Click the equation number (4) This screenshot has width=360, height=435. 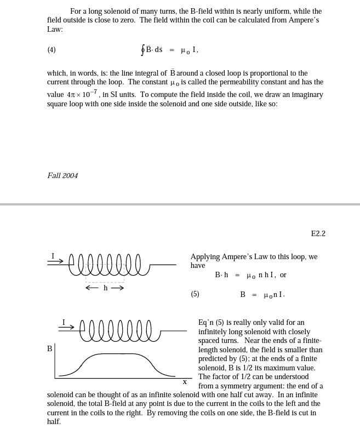pos(52,50)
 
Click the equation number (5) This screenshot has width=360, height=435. pos(195,294)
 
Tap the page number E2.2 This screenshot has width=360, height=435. pos(318,234)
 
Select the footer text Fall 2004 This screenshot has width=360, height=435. pos(62,176)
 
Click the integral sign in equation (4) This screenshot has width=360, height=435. pos(142,50)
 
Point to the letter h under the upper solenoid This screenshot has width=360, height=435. pos(106,288)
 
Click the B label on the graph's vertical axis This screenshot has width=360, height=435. pos(50,348)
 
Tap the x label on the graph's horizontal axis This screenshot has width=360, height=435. pos(185,382)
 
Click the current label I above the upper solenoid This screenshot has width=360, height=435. pos(53,256)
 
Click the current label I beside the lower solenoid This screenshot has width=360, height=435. pos(64,323)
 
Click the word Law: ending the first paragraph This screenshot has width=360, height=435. pos(55,30)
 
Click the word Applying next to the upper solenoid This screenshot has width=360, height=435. pos(205,257)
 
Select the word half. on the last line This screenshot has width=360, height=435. pos(54,422)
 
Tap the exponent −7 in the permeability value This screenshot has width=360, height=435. pos(94,91)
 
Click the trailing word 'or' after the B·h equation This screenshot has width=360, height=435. pos(283,275)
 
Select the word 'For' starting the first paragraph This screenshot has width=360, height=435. pos(76,12)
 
